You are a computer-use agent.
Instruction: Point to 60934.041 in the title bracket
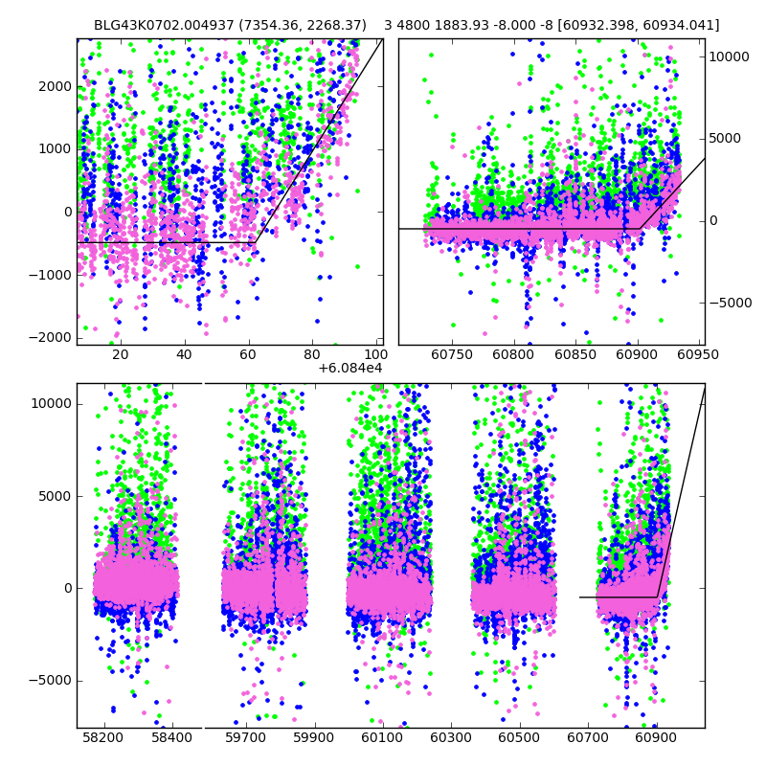(x=680, y=25)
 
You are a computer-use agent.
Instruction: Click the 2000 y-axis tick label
(x=56, y=86)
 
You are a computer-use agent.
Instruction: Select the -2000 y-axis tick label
(x=53, y=337)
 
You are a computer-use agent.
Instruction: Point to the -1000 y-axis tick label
(x=53, y=275)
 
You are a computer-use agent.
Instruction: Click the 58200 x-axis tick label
(x=102, y=738)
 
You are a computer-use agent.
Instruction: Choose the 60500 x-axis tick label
(x=519, y=738)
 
